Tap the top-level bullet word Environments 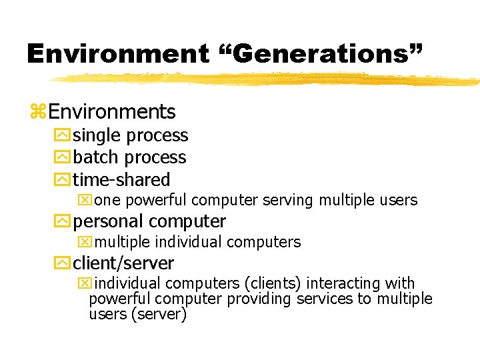[x=112, y=111]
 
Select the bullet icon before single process [x=64, y=135]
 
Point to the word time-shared [x=121, y=179]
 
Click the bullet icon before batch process [x=64, y=157]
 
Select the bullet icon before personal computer [x=64, y=221]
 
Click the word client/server [x=123, y=263]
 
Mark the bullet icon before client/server [x=64, y=263]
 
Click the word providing [x=259, y=299]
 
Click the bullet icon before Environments [x=38, y=111]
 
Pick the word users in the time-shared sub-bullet [x=398, y=200]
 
